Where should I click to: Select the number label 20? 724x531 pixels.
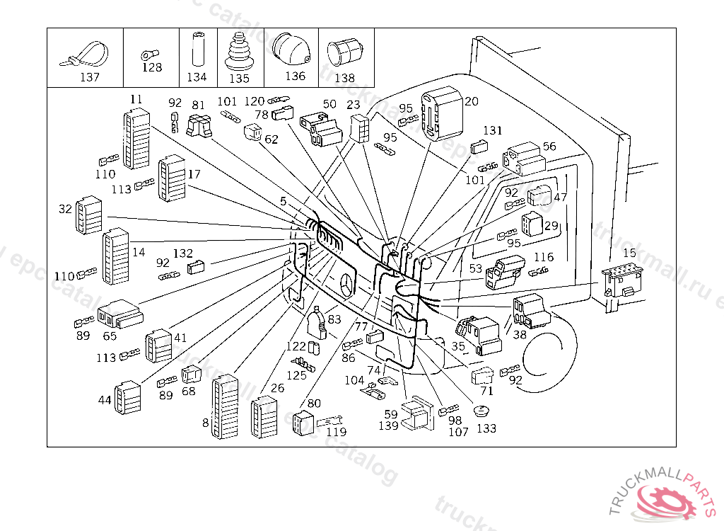[x=472, y=101]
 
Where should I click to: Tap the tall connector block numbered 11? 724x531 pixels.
[x=137, y=139]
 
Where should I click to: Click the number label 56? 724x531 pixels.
[x=549, y=147]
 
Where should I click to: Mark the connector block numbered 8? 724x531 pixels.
[x=224, y=406]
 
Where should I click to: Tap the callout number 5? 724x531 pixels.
[x=283, y=201]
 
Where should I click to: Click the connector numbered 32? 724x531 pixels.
[x=88, y=213]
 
